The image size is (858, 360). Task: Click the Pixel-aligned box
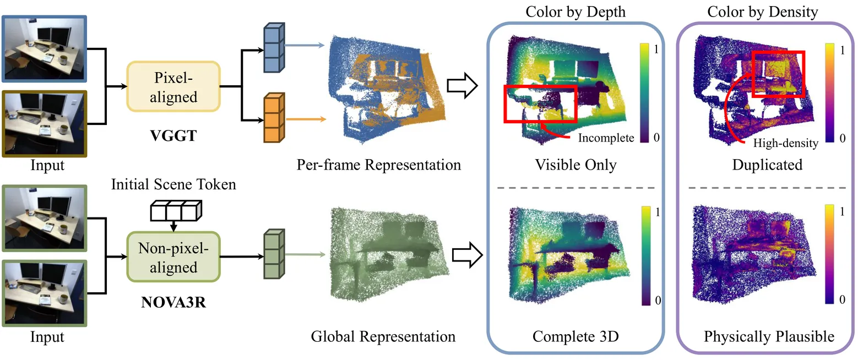pos(173,86)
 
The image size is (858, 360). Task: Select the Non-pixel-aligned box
pos(173,258)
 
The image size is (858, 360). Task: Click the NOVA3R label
pos(173,303)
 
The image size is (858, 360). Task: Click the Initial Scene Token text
pos(173,184)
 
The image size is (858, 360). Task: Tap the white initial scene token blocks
pos(176,211)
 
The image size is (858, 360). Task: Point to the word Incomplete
pos(606,138)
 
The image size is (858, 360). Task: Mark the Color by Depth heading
pos(575,12)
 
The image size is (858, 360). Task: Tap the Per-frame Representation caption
pos(378,165)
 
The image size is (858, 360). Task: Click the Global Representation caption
pos(383,336)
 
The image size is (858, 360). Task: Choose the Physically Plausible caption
pos(769,336)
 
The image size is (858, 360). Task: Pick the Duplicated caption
pos(768,165)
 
